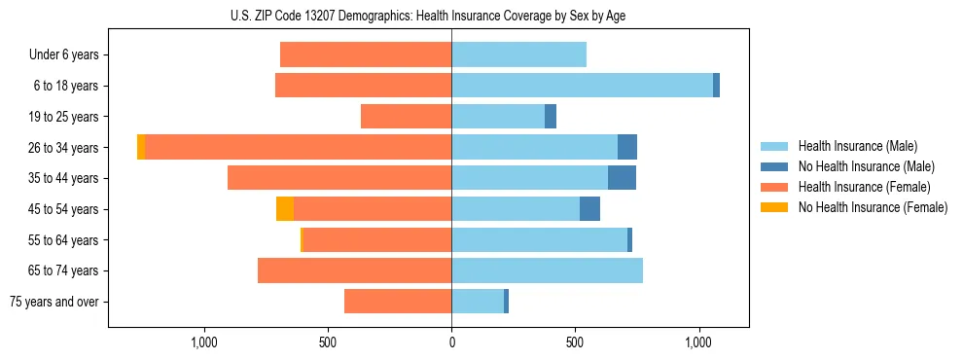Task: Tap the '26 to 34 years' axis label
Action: (x=63, y=148)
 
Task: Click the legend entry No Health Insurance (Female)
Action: (x=873, y=207)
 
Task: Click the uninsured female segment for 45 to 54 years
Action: (x=285, y=209)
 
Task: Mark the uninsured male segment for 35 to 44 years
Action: (x=622, y=178)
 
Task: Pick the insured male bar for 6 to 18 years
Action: (x=582, y=86)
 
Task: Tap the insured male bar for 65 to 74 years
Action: (x=547, y=270)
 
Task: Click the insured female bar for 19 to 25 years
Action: (x=406, y=117)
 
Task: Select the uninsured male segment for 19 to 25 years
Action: (x=551, y=117)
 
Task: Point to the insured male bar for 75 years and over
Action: (x=478, y=302)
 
